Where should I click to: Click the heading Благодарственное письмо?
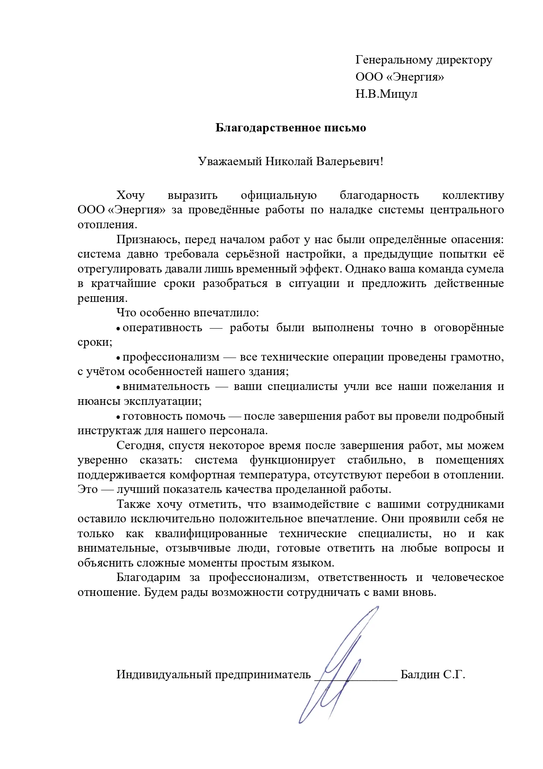click(291, 128)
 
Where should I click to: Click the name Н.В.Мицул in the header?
click(386, 94)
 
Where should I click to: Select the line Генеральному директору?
click(423, 60)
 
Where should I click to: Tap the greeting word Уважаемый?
click(229, 161)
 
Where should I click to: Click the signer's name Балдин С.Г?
click(432, 674)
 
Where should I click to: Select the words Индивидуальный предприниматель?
click(213, 674)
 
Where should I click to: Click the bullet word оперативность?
click(162, 328)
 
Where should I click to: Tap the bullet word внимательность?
click(166, 386)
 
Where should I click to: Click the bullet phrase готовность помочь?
click(174, 416)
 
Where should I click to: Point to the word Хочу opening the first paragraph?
click(130, 195)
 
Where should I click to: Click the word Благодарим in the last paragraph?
click(148, 578)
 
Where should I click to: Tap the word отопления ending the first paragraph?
click(106, 225)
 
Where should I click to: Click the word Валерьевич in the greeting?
click(350, 161)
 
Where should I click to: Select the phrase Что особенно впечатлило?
click(187, 313)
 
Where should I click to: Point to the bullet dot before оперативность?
click(119, 329)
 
